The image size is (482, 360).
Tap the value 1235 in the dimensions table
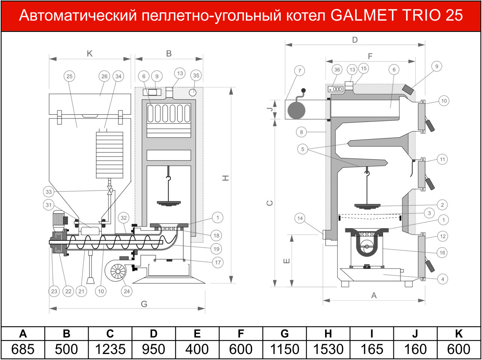coord(110,349)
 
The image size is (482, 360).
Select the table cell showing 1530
coord(328,349)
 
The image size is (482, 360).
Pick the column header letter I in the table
coord(372,334)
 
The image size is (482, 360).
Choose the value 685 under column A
coord(23,349)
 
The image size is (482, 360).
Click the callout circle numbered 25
coord(69,76)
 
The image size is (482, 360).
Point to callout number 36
coord(337,70)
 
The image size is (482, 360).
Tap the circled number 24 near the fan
coord(127,291)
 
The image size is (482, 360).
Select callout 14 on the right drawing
coord(300,218)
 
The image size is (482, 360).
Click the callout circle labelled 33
coord(49,192)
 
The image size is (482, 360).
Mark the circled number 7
coord(300,70)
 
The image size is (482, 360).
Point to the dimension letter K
coord(90,54)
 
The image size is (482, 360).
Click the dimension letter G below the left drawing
coord(144,304)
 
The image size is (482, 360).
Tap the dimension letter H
coord(226,178)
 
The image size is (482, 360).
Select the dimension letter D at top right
coord(355,40)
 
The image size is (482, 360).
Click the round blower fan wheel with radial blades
coord(118,271)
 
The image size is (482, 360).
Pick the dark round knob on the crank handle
coord(303,90)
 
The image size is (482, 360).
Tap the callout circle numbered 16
coord(442,253)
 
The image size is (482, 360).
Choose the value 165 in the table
coord(372,349)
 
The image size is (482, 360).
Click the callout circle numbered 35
coord(196,75)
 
